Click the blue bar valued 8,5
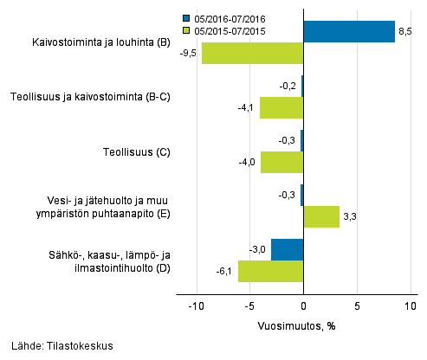pyautogui.click(x=349, y=32)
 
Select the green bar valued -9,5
pyautogui.click(x=252, y=54)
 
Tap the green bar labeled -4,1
pyautogui.click(x=281, y=108)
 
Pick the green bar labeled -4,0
pyautogui.click(x=281, y=163)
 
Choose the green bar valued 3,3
pyautogui.click(x=321, y=216)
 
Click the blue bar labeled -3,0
pyautogui.click(x=288, y=249)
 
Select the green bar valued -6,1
pyautogui.click(x=270, y=271)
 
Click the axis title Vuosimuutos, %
pyautogui.click(x=296, y=326)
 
